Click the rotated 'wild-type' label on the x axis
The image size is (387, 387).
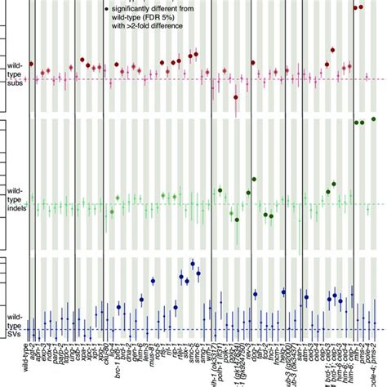[26, 363]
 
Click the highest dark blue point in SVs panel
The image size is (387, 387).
[193, 263]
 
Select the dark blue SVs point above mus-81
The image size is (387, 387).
[153, 281]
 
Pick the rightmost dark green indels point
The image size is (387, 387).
[373, 119]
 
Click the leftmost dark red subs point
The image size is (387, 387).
[32, 64]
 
